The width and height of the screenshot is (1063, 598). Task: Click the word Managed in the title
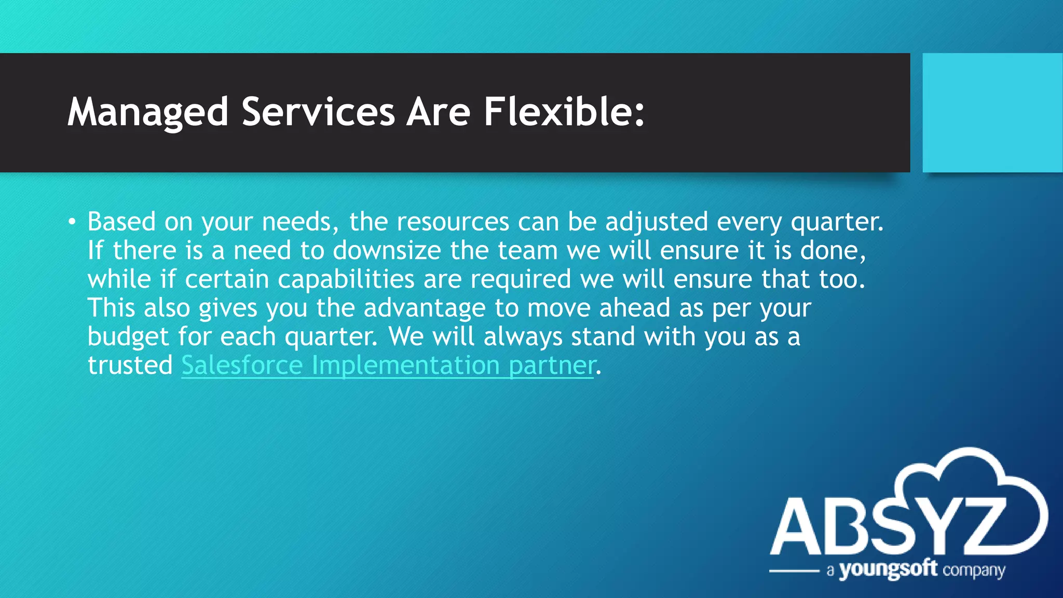point(148,112)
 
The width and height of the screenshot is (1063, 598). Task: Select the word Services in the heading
point(318,112)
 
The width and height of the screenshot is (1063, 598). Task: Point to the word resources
point(453,222)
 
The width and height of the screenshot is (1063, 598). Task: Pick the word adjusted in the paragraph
point(657,222)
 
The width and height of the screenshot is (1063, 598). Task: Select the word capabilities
point(346,279)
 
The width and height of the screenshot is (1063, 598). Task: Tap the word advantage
point(424,308)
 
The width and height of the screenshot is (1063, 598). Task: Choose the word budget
point(128,337)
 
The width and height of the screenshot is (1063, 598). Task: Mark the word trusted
point(130,365)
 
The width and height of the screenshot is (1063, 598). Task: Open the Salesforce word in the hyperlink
point(242,365)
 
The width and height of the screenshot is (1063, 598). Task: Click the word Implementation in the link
point(405,365)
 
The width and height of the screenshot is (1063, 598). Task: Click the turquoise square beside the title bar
point(992,112)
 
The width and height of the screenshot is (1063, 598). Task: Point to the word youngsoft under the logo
point(888,570)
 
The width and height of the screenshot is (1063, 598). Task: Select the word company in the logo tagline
point(974,571)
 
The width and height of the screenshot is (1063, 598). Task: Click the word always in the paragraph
point(523,337)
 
